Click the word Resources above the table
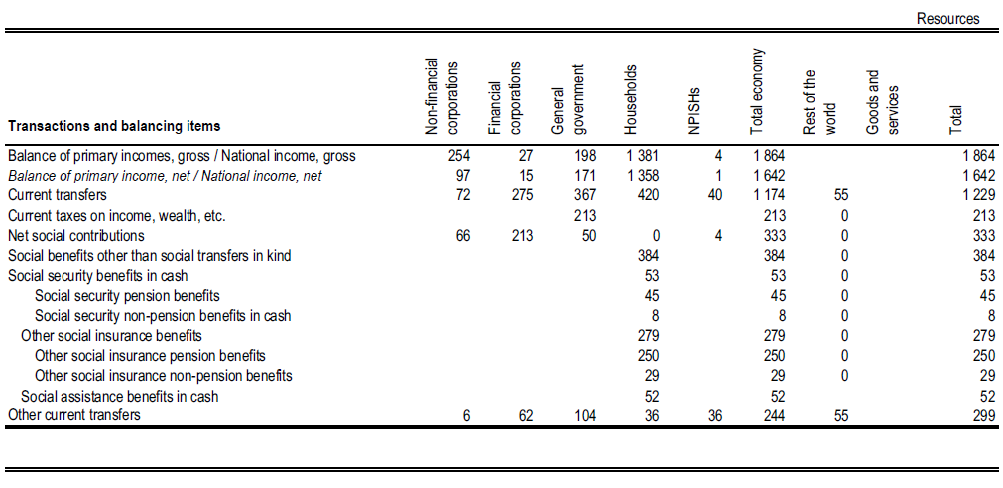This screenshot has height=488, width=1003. point(947,18)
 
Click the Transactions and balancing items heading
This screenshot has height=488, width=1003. point(114,126)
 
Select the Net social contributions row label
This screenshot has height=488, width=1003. point(75,236)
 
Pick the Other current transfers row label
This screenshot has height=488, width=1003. point(73,415)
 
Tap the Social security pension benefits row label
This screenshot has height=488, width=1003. point(127,296)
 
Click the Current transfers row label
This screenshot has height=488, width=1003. point(57,195)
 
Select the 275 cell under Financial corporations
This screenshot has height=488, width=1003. point(521,195)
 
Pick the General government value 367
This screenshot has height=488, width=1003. point(585,195)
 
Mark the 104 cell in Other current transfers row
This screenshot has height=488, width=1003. point(585,415)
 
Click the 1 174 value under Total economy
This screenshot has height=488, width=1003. point(768,195)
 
